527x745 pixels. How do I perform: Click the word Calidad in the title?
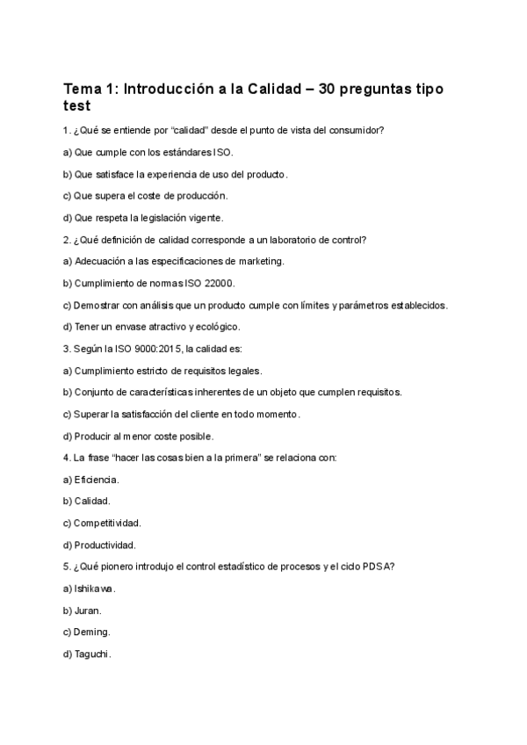[256, 90]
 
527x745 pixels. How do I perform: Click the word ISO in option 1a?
[198, 153]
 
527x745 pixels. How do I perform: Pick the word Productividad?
[105, 545]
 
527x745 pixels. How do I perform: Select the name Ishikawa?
[95, 589]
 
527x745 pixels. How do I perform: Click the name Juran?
[88, 610]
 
